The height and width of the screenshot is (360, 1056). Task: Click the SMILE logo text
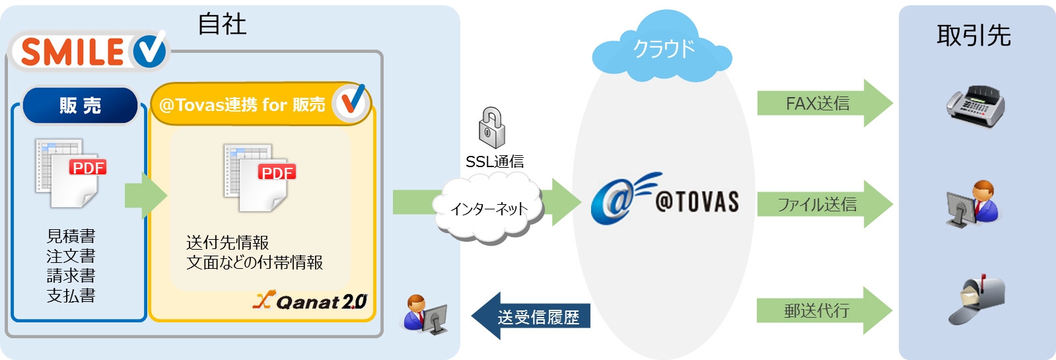coord(73,52)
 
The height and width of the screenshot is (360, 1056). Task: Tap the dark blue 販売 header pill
coord(80,106)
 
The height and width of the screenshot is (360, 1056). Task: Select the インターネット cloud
coord(489,209)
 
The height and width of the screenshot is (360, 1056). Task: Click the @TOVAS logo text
coord(697,201)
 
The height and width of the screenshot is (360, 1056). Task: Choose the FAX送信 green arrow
coord(824,104)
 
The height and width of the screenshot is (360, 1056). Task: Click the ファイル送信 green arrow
coord(824,205)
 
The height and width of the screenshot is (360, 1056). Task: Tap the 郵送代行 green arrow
coord(824,310)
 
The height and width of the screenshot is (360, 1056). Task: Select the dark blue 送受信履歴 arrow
coord(532,317)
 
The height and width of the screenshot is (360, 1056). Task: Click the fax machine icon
coord(975,106)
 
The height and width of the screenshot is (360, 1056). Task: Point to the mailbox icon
coord(977,299)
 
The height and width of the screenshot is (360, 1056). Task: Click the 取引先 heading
coord(973,36)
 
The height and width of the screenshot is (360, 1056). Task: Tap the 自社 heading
coord(222,25)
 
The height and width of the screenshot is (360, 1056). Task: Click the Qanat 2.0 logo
coord(310,301)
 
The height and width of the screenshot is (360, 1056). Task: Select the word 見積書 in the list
coord(71,236)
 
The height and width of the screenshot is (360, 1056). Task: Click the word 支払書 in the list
coord(71,295)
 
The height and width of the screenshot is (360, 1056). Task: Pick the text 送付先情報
coord(227,242)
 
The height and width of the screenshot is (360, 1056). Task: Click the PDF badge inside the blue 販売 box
coord(88,168)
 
